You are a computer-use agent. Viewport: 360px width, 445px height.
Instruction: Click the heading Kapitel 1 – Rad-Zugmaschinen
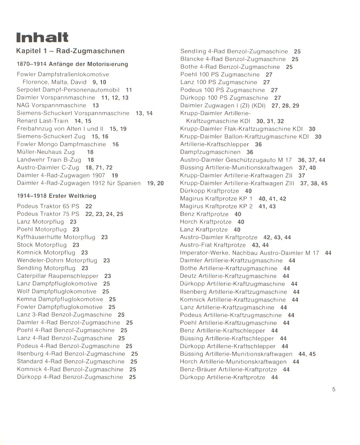coord(70,51)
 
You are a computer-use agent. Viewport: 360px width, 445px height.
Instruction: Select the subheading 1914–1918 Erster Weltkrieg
coord(56,196)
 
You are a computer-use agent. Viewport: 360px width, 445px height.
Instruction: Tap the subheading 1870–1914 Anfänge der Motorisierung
coord(72,64)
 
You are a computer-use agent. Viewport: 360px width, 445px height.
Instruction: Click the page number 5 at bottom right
coord(333,390)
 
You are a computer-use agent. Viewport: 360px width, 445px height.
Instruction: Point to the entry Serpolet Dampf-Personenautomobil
coord(68,90)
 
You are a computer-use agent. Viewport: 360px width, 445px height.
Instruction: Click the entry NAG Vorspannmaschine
coord(51,105)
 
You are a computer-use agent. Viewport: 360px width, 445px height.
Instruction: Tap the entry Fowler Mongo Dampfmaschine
coord(61,144)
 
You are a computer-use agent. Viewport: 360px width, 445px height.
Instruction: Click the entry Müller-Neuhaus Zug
coord(46,152)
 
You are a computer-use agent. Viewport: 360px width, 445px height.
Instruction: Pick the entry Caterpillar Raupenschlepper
coord(58,276)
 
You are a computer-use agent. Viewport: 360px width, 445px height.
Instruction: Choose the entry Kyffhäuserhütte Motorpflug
coord(56,237)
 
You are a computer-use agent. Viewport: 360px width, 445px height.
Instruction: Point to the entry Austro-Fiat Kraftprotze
coord(213,245)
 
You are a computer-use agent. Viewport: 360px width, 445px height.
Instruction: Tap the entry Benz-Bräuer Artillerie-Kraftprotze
coord(228,370)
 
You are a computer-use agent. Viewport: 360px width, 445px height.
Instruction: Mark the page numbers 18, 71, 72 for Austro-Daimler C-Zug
coord(99,168)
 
